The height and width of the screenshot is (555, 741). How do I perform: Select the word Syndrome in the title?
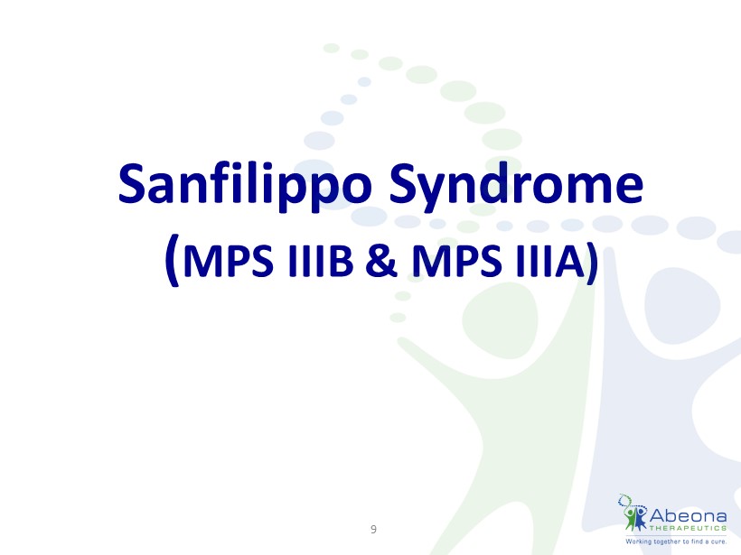point(516,186)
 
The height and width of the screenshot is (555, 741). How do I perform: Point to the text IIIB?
point(321,261)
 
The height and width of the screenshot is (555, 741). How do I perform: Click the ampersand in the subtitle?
point(381,261)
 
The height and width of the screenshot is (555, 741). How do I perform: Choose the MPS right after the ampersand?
point(456,261)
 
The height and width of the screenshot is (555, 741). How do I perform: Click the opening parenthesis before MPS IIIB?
point(173,260)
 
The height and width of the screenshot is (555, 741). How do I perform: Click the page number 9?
point(373,529)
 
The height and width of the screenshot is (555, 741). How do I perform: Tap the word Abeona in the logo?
point(688,515)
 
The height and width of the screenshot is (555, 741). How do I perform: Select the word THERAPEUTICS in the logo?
point(688,528)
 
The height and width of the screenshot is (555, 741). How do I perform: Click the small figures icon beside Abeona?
point(633,513)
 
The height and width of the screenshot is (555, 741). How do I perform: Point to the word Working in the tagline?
point(639,541)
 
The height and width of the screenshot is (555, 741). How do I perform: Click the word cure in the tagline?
point(718,541)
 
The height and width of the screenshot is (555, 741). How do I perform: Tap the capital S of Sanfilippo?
point(131,183)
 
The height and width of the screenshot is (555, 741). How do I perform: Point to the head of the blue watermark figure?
point(682,303)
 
